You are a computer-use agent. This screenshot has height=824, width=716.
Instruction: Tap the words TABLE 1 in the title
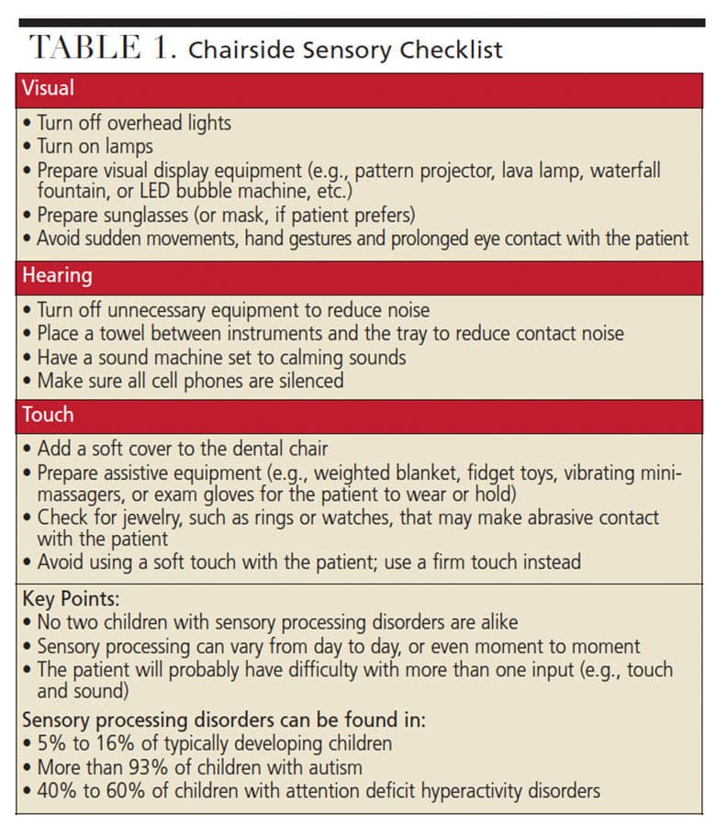pos(102,49)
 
